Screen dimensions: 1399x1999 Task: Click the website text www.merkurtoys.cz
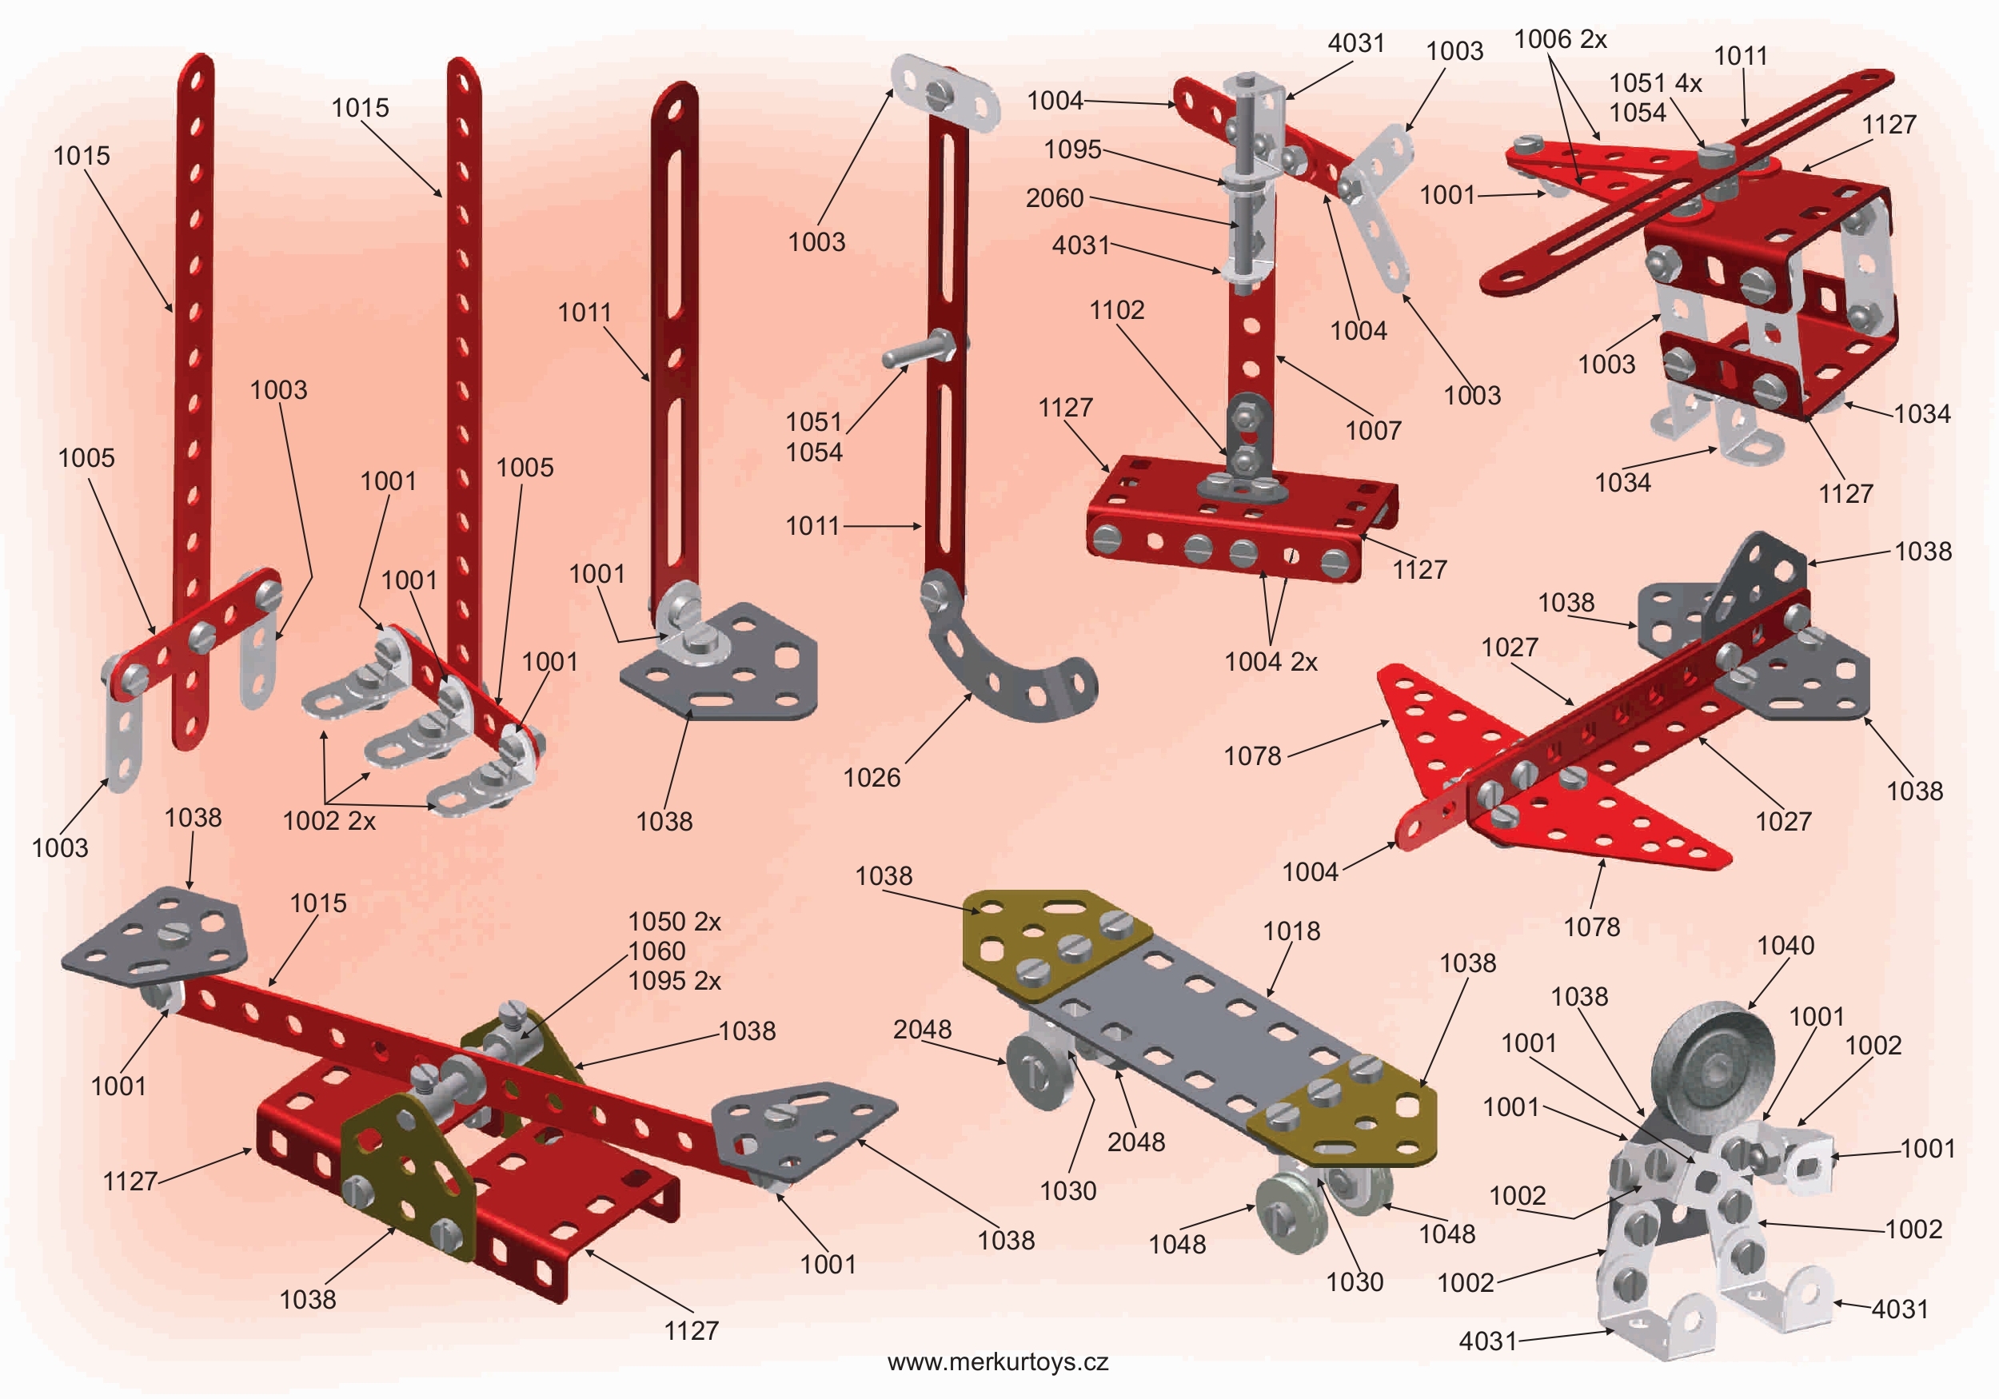tap(998, 1361)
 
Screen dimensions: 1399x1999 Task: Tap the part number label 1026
tap(872, 777)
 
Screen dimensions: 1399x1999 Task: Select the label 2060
tap(1055, 198)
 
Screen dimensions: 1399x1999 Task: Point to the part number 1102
tap(1117, 310)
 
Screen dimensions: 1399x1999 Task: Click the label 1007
tap(1373, 430)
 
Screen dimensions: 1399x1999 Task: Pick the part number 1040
tap(1786, 946)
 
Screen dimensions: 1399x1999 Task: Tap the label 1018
tap(1292, 931)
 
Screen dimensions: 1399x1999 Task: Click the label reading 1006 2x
tap(1560, 39)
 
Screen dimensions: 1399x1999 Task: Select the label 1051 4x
tap(1655, 84)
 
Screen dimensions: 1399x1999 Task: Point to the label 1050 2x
tap(675, 922)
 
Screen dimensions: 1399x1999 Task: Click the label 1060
tap(657, 951)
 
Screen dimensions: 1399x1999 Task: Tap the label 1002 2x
tap(329, 821)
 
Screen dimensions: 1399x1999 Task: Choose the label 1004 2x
tap(1271, 662)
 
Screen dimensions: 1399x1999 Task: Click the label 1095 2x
tap(675, 981)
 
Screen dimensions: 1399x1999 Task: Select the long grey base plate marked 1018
tap(1202, 1027)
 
